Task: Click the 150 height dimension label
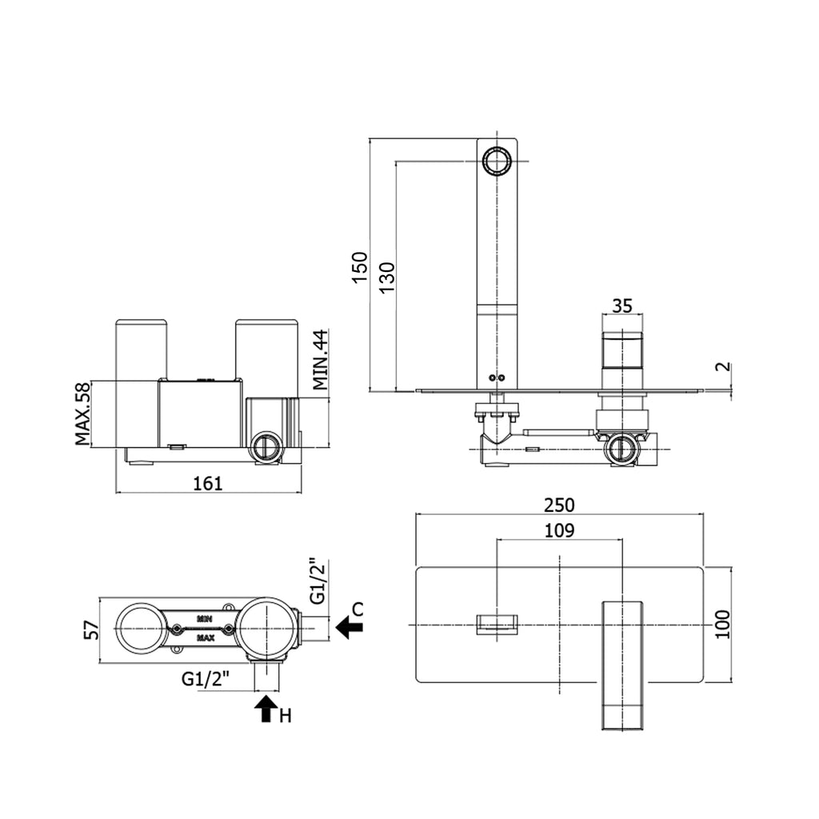pyautogui.click(x=361, y=266)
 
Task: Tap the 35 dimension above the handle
pyautogui.click(x=622, y=305)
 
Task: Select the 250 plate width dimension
pyautogui.click(x=560, y=505)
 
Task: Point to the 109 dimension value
pyautogui.click(x=560, y=530)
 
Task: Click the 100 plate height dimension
pyautogui.click(x=722, y=624)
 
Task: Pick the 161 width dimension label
pyautogui.click(x=207, y=482)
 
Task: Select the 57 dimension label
pyautogui.click(x=91, y=629)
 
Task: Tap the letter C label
pyautogui.click(x=358, y=609)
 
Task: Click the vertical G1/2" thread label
pyautogui.click(x=316, y=581)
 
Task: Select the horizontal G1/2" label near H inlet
pyautogui.click(x=205, y=680)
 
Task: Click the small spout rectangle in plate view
pyautogui.click(x=497, y=624)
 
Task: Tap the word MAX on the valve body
pyautogui.click(x=205, y=638)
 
